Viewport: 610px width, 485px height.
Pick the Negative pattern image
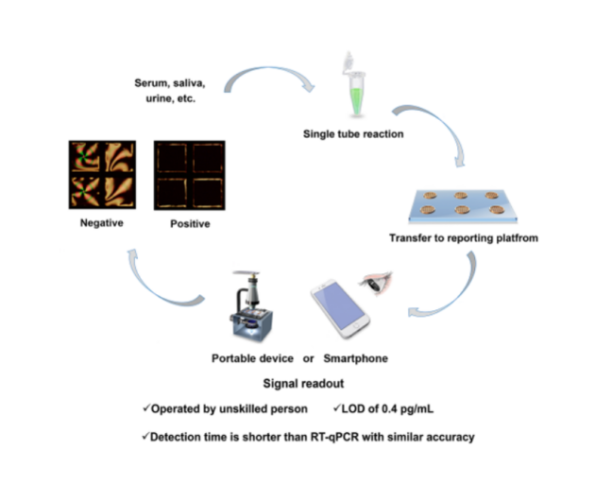(102, 174)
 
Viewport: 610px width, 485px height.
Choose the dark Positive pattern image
(189, 174)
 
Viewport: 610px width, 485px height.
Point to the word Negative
(102, 223)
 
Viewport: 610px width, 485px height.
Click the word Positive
(190, 224)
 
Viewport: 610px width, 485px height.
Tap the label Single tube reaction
(353, 134)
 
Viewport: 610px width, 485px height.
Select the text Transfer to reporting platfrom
(464, 238)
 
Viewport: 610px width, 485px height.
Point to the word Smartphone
(355, 359)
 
